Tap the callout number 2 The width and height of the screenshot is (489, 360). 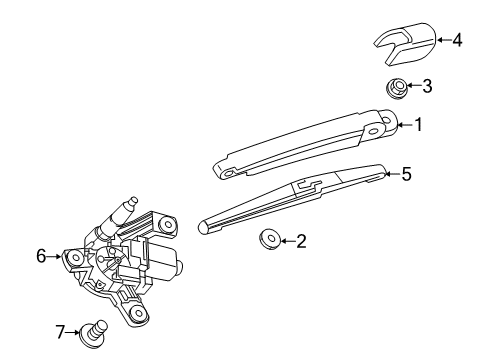pos(301,240)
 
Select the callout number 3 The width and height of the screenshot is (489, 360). pos(427,87)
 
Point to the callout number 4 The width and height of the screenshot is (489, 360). pos(457,41)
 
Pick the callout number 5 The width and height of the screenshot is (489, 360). pos(406,174)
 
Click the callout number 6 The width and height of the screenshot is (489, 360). pos(41,256)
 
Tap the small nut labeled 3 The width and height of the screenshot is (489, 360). pos(397,88)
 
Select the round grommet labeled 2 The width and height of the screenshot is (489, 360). pos(267,240)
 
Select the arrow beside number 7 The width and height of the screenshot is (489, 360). pos(77,329)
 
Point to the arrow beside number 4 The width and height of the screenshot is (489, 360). pos(441,41)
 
